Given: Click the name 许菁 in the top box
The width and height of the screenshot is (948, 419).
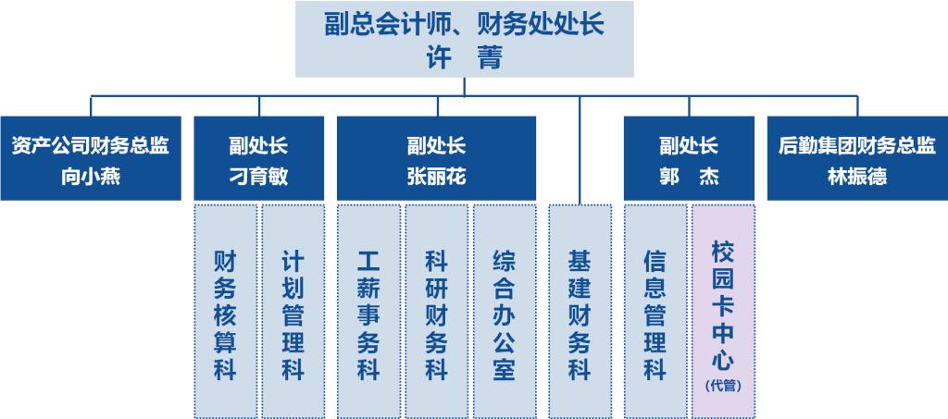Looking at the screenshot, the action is [465, 59].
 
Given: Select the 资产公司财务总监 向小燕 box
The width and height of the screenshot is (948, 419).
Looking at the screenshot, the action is [91, 158].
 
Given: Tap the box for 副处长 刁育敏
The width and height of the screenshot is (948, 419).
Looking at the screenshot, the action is [259, 158].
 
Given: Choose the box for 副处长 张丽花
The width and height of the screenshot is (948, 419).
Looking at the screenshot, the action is [437, 158].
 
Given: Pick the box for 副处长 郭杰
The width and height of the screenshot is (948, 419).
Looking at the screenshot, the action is [689, 158].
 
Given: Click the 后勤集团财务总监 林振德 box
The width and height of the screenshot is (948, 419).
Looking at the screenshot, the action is [857, 158].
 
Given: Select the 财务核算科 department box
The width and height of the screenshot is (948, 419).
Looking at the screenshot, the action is [225, 312].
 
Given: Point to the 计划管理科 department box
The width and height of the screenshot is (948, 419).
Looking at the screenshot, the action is [293, 312].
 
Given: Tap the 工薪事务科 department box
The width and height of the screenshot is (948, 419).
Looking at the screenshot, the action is [368, 312].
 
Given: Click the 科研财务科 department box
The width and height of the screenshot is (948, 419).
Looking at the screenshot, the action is [437, 312].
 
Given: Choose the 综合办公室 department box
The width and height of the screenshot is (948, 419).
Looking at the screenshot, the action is [505, 312].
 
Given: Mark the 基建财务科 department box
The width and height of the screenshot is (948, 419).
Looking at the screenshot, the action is [580, 312].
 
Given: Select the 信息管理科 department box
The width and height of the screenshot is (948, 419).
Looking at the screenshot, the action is [655, 312].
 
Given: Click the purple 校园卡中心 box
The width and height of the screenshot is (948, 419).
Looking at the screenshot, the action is [723, 312].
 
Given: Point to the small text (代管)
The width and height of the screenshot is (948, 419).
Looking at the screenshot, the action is [723, 385].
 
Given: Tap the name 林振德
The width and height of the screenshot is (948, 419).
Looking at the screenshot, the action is [857, 178].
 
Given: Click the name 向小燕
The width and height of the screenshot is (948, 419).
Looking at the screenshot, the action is [91, 178].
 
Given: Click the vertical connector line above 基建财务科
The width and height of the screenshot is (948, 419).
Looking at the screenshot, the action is [580, 150].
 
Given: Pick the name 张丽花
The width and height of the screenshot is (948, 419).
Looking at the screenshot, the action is [437, 178].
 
